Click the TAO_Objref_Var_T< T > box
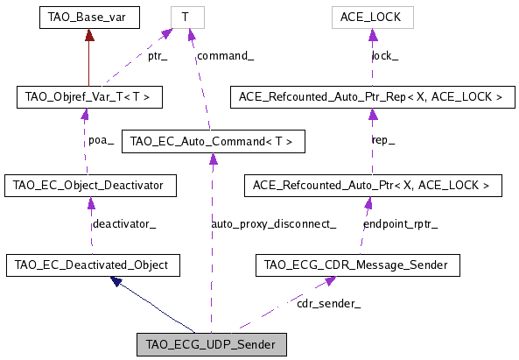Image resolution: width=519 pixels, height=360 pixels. pos(88,96)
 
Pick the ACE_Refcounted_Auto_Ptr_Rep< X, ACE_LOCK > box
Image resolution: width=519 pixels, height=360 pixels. pos(371,96)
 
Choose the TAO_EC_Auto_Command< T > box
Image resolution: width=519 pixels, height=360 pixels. pos(213,140)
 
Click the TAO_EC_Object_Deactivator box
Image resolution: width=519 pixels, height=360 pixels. pos(90,185)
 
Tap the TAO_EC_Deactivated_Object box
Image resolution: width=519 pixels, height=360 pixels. pos(92,264)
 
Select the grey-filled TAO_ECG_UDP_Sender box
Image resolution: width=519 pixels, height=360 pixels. pos(212,344)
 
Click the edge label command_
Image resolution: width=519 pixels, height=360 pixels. pos(226,56)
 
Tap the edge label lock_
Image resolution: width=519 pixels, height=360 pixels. pos(385,56)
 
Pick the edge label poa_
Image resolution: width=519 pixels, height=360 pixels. pos(101,140)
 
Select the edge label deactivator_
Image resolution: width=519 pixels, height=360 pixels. pos(124,224)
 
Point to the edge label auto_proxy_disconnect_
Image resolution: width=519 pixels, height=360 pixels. pos(273,224)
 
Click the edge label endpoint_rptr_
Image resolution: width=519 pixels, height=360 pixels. pos(401,224)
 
